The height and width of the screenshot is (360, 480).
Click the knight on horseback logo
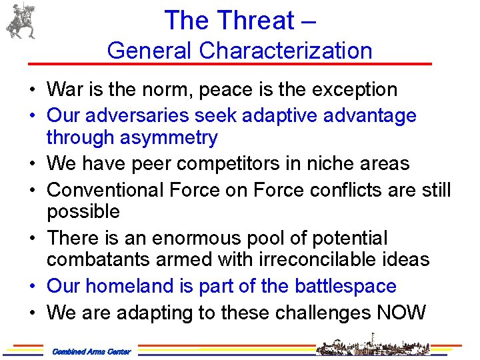(20, 21)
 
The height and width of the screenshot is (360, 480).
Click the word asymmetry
(170, 138)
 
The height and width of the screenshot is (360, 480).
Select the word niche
(330, 163)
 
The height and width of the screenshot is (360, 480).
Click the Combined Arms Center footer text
(91, 351)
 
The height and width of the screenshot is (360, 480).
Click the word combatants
(98, 260)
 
